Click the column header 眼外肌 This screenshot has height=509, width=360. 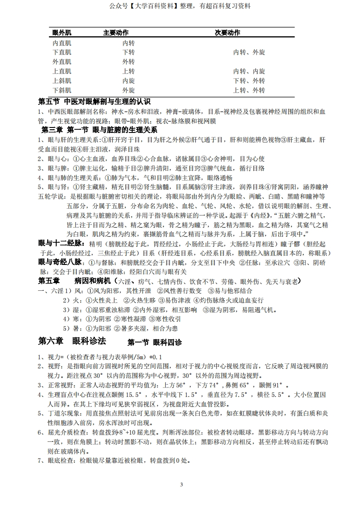coord(62,33)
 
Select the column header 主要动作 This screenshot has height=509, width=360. coord(116,33)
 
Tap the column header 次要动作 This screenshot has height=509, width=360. coord(227,33)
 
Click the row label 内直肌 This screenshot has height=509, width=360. coord(62,43)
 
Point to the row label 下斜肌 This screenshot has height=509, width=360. coord(62,90)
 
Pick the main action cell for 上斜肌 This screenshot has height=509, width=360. coord(128,81)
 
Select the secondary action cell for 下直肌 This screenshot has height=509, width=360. coord(249,53)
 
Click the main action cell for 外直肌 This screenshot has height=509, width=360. coord(128,62)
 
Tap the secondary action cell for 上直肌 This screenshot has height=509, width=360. coord(249,71)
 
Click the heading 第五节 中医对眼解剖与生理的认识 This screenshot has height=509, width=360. coord(94,101)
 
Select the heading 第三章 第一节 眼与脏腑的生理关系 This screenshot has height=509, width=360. coord(97,130)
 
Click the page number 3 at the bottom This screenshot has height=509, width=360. coord(181,485)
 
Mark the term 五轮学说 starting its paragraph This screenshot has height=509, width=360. coord(51,196)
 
